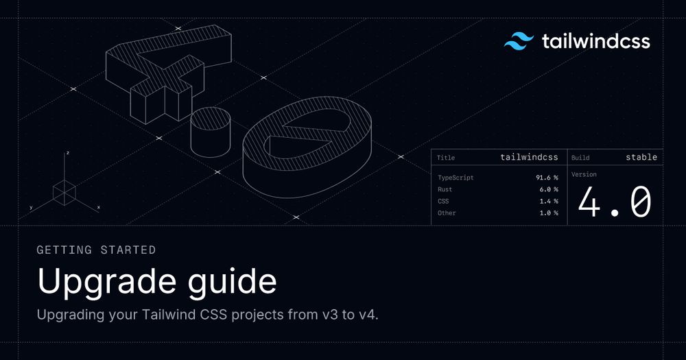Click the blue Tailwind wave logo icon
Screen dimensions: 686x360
pyautogui.click(x=519, y=41)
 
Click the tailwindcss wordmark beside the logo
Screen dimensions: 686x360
pyautogui.click(x=596, y=41)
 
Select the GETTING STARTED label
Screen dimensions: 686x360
pyautogui.click(x=96, y=250)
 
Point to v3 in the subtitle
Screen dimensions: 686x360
pyautogui.click(x=329, y=315)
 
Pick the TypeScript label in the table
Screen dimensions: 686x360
pyautogui.click(x=456, y=178)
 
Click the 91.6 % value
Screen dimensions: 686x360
pyautogui.click(x=547, y=178)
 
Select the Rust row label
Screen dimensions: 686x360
pyautogui.click(x=445, y=189)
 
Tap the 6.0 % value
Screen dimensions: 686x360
pyautogui.click(x=549, y=189)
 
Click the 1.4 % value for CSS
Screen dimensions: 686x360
pyautogui.click(x=549, y=201)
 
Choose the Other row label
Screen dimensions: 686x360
pyautogui.click(x=447, y=213)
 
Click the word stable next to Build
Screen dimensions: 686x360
pyautogui.click(x=641, y=157)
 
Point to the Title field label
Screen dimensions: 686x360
pyautogui.click(x=446, y=158)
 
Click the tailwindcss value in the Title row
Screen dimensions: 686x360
pyautogui.click(x=530, y=157)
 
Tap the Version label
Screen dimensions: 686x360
pyautogui.click(x=584, y=175)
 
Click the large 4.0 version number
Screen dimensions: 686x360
pyautogui.click(x=615, y=202)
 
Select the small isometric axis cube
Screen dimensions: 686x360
pyautogui.click(x=64, y=193)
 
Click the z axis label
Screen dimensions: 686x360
pyautogui.click(x=68, y=153)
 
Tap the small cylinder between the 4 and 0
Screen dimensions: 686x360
pyautogui.click(x=211, y=132)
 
